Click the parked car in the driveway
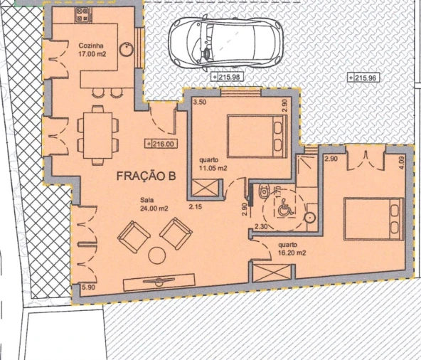point(225,43)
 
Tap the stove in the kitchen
point(82,14)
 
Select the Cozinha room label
point(91,46)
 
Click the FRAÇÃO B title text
point(146,176)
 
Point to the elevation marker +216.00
point(161,144)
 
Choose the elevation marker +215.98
point(227,77)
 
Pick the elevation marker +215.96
point(364,78)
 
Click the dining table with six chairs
point(97,135)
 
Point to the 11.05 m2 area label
point(213,169)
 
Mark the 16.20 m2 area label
point(292,253)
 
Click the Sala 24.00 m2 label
point(154,204)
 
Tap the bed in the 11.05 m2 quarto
point(257,136)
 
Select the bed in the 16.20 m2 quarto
point(374,219)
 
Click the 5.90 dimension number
point(89,287)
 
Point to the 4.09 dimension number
point(402,163)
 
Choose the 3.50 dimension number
point(200,102)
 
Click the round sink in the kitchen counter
point(126,49)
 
